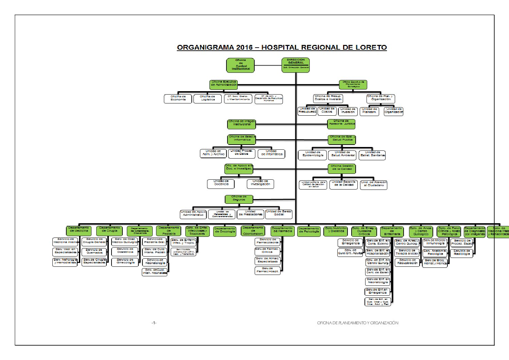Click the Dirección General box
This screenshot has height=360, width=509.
coord(295,65)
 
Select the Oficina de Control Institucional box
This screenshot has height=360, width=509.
coord(240,65)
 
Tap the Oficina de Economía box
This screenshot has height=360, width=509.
coord(178,99)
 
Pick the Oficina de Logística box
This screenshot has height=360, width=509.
coord(207,99)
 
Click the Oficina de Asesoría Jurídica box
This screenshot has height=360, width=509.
coord(341,124)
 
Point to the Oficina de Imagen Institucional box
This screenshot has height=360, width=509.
coord(241,124)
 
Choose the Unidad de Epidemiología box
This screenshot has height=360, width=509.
coord(312,155)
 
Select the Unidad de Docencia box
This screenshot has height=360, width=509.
coord(221,184)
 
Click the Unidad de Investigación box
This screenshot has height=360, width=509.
coord(260,184)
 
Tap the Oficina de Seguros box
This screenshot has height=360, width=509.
coord(239,199)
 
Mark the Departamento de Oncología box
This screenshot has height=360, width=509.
coord(225,231)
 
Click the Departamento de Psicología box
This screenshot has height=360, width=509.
coord(309,231)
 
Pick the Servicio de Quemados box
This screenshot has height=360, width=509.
coord(94,252)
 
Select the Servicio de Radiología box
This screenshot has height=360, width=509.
coord(462,253)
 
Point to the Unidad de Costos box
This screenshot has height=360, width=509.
coord(327,111)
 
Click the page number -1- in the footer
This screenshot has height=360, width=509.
coord(154,323)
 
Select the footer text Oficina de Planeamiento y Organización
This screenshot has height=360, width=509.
coord(357,323)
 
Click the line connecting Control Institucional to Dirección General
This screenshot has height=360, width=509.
coord(268,65)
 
